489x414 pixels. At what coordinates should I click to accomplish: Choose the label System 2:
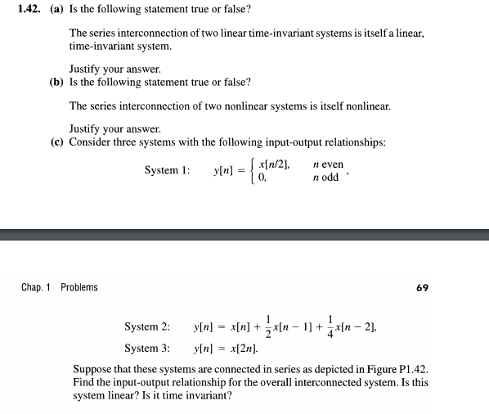point(147,326)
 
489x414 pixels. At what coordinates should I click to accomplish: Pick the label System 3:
point(147,348)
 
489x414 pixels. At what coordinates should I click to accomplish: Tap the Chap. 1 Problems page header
point(59,287)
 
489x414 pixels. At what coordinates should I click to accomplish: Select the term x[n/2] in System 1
point(274,164)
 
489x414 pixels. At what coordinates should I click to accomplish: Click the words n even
point(328,164)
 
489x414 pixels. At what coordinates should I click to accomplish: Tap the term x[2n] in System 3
point(234,349)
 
